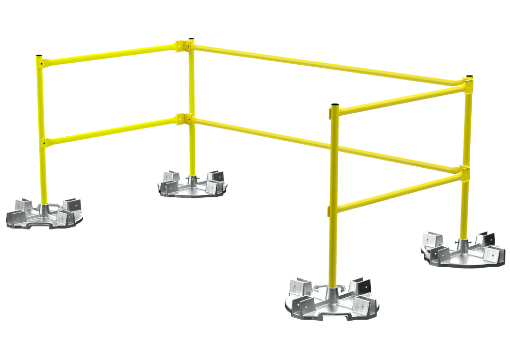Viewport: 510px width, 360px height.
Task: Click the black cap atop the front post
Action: click(x=335, y=104)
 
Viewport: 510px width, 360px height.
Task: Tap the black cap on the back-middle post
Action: click(x=191, y=38)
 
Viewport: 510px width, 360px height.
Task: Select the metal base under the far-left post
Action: click(x=44, y=214)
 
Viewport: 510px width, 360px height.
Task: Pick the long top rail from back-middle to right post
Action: click(x=326, y=63)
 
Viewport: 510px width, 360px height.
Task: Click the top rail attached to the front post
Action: click(x=398, y=97)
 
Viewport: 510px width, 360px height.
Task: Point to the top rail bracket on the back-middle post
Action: click(x=183, y=46)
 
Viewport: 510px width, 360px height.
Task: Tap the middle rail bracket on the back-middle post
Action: click(x=183, y=118)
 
